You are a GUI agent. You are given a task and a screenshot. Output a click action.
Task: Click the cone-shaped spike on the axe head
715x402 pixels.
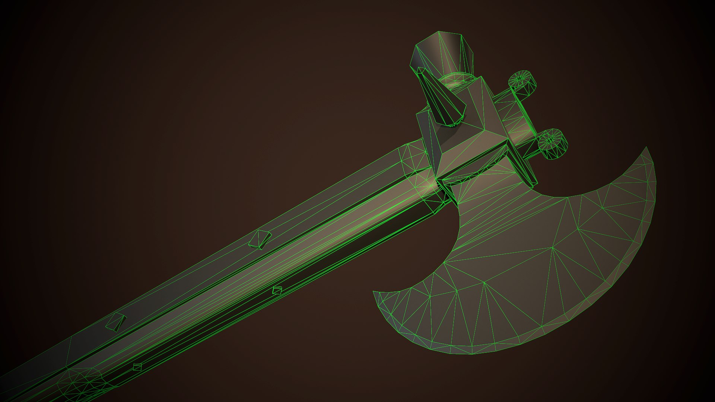443,99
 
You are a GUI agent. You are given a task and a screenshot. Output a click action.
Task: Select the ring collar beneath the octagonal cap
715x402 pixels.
456,80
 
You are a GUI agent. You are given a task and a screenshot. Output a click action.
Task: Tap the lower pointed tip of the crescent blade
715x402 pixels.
375,293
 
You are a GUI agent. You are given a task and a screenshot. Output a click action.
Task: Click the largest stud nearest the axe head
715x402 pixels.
260,239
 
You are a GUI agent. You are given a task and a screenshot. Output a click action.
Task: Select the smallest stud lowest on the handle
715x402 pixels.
137,367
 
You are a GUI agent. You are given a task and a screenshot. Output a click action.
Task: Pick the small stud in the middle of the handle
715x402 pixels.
276,290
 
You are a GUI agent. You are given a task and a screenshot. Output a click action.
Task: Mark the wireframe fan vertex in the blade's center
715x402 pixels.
553,247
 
